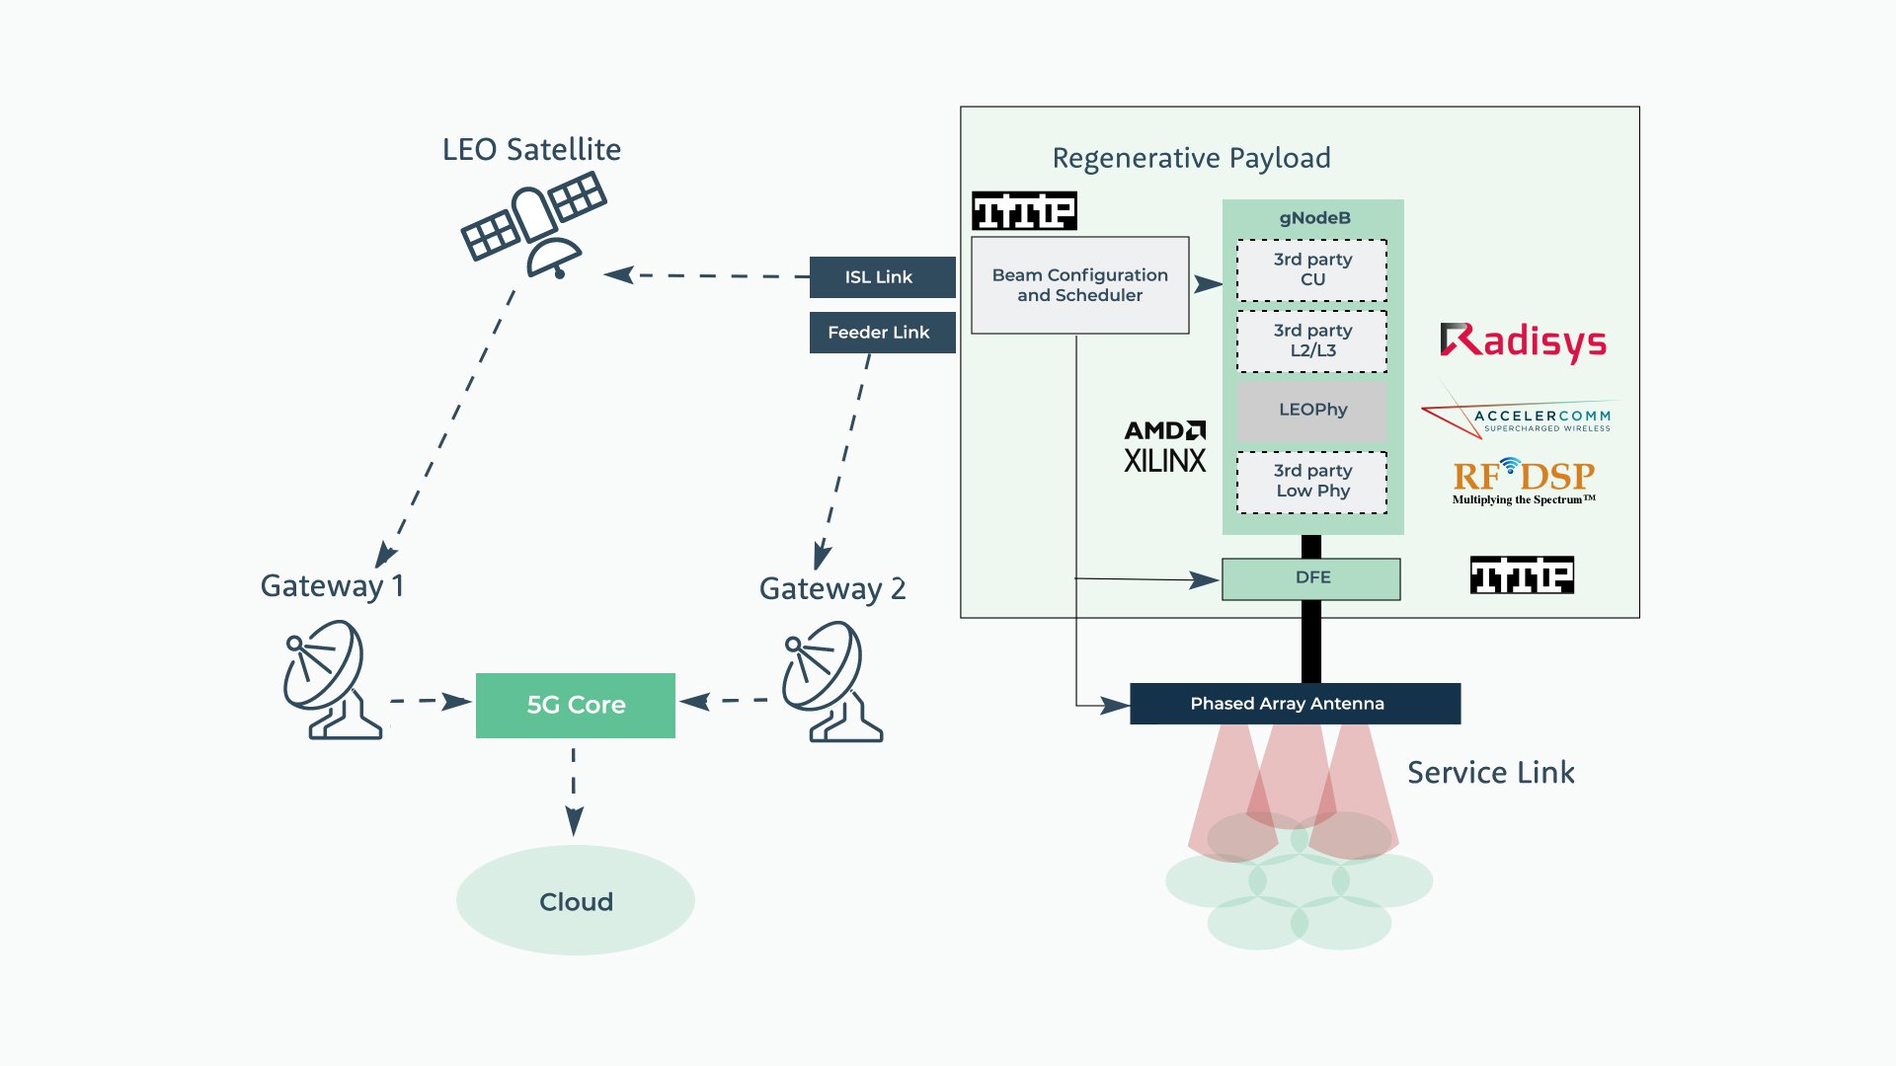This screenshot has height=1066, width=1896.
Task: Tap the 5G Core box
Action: click(576, 705)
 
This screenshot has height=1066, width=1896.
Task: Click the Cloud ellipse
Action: click(576, 901)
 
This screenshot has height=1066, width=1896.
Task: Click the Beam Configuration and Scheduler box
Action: click(1079, 285)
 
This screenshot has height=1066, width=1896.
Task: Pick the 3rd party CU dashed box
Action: click(1311, 269)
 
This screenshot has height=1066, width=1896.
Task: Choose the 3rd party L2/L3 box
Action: click(1311, 341)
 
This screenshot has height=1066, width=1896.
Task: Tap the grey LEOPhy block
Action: click(1311, 410)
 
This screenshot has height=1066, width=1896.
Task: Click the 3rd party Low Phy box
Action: click(1311, 482)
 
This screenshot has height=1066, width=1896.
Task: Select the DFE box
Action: click(1311, 578)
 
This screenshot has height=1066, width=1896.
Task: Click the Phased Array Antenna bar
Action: click(1294, 704)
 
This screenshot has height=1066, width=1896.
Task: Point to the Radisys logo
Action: click(1523, 342)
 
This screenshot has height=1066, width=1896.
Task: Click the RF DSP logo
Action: click(1523, 481)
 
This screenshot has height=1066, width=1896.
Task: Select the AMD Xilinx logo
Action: click(1165, 447)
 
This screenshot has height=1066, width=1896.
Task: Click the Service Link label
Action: click(1490, 773)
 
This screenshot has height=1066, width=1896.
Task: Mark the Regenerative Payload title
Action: click(1191, 158)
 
